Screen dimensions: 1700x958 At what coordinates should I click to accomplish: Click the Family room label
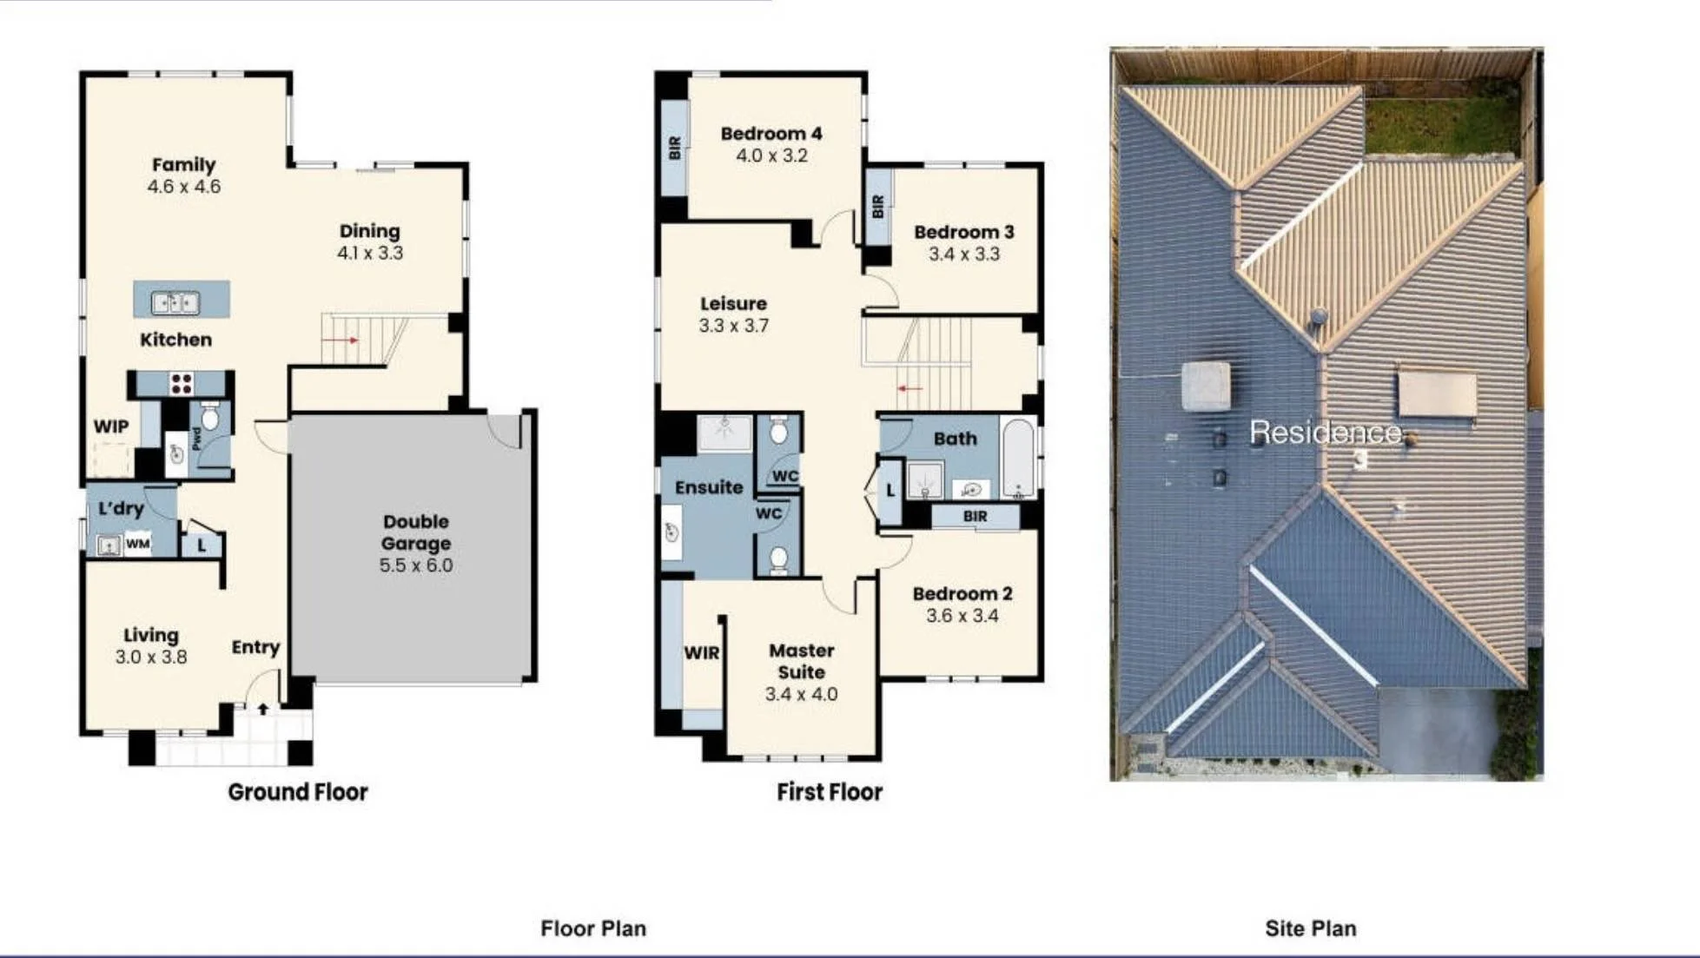tap(183, 165)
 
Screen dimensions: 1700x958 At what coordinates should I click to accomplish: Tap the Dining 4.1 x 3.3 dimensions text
tap(370, 254)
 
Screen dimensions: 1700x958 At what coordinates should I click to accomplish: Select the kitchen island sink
tap(175, 302)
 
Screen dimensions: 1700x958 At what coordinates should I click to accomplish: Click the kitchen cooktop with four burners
tap(182, 383)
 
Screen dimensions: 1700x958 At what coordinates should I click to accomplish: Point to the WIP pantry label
tap(111, 426)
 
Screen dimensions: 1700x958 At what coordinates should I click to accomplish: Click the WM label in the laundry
tap(138, 545)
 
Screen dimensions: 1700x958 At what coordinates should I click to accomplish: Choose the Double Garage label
tap(416, 532)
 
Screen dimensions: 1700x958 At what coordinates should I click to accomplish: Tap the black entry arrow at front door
tap(263, 709)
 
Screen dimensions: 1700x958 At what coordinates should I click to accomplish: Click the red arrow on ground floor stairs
tap(341, 340)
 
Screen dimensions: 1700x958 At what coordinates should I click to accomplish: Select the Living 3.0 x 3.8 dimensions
tap(151, 657)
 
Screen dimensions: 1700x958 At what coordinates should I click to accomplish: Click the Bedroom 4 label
tap(771, 134)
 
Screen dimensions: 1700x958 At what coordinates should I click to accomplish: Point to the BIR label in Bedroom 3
tap(877, 207)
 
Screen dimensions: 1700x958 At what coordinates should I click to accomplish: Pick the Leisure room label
tap(734, 304)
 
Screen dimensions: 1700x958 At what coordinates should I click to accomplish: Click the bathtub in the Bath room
tap(1018, 458)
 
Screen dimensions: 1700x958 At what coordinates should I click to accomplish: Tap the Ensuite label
tap(709, 487)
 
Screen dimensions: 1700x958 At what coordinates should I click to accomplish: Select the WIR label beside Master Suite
tap(702, 653)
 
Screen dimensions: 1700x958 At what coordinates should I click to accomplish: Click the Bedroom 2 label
tap(962, 594)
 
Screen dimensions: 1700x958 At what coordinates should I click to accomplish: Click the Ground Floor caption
tap(298, 792)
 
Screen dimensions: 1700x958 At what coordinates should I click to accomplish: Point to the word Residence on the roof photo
tap(1326, 432)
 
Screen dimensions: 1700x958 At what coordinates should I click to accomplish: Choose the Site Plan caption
tap(1311, 928)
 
